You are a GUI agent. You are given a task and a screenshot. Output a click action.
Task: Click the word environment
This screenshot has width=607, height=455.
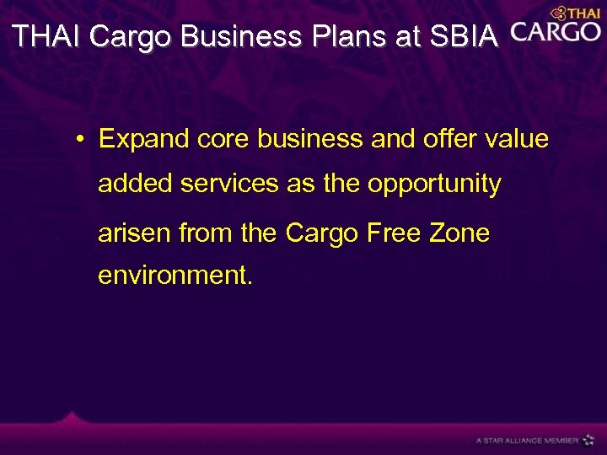point(175,276)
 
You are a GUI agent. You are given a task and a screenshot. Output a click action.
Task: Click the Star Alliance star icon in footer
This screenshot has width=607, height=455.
point(588,439)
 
